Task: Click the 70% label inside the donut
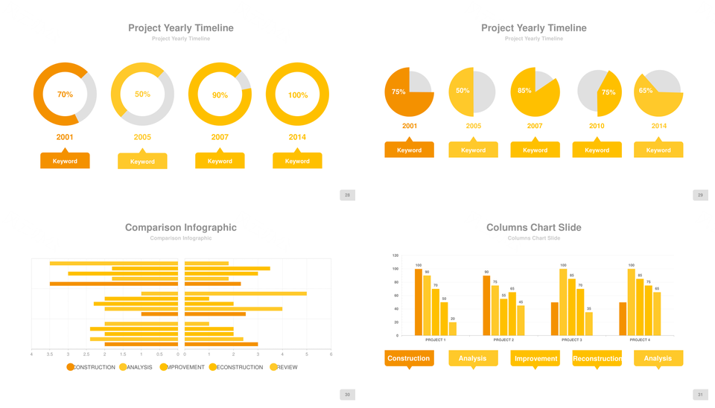point(65,95)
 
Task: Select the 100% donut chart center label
point(297,95)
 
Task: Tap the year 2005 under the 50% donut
point(142,137)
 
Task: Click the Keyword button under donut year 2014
point(297,161)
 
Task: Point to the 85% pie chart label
point(524,91)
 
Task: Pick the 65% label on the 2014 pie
point(646,91)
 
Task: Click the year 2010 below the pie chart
point(597,126)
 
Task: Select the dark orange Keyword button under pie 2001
point(409,150)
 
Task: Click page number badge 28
point(347,195)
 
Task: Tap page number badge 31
point(700,395)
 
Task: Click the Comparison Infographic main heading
point(181,228)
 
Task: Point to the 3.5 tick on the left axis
point(50,354)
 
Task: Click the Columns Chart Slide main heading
point(533,228)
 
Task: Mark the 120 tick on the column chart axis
point(395,255)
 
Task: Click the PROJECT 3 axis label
point(571,340)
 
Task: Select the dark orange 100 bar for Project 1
point(419,302)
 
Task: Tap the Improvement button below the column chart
point(535,359)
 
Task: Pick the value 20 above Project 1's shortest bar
point(453,319)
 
